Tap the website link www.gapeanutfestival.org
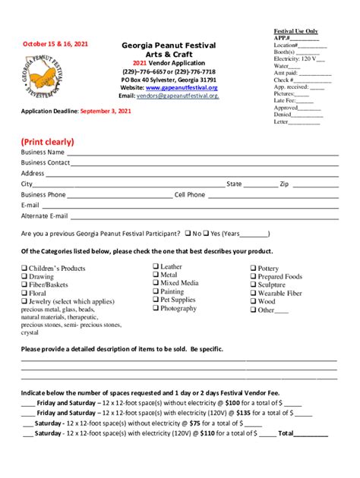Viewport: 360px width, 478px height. point(182,87)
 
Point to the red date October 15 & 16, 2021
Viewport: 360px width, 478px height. point(54,44)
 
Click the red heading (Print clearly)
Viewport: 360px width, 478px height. point(47,142)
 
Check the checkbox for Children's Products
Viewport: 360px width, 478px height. point(24,268)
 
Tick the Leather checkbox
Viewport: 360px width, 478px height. point(155,266)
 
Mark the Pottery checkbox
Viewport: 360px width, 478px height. point(253,269)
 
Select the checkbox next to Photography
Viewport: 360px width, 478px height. point(155,308)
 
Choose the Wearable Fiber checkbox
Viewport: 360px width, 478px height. point(253,293)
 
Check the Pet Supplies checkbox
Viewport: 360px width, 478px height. point(155,300)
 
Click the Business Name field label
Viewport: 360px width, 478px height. point(43,153)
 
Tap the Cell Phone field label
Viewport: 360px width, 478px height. point(190,195)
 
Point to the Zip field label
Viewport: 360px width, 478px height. point(284,184)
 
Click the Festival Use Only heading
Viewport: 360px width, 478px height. point(296,31)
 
